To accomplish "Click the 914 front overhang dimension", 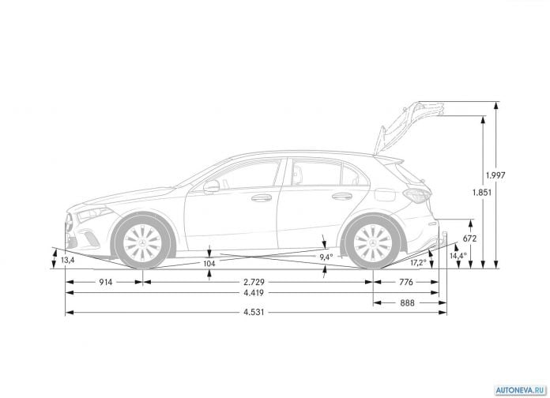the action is tap(105, 282).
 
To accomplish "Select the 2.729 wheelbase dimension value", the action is tap(254, 282).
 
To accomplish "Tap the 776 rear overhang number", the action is tap(406, 282).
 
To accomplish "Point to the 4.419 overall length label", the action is tap(254, 293).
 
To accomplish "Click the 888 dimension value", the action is tap(407, 302).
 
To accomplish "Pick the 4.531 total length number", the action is tap(254, 312).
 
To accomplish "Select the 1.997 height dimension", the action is tap(495, 175).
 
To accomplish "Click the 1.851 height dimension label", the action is tap(482, 192).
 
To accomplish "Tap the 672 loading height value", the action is tap(469, 238).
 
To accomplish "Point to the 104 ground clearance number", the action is tap(209, 263).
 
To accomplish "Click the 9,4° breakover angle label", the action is tap(326, 257).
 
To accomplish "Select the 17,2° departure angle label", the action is tap(419, 262).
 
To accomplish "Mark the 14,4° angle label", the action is tap(458, 256).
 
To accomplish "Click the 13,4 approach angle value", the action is tap(68, 260).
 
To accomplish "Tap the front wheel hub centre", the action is tap(142, 243).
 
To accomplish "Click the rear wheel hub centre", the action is tap(372, 243).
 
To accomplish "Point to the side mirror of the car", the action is tap(211, 186).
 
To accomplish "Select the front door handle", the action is tap(262, 198).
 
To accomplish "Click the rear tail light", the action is tap(416, 195).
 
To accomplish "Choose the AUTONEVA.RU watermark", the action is tap(521, 390).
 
